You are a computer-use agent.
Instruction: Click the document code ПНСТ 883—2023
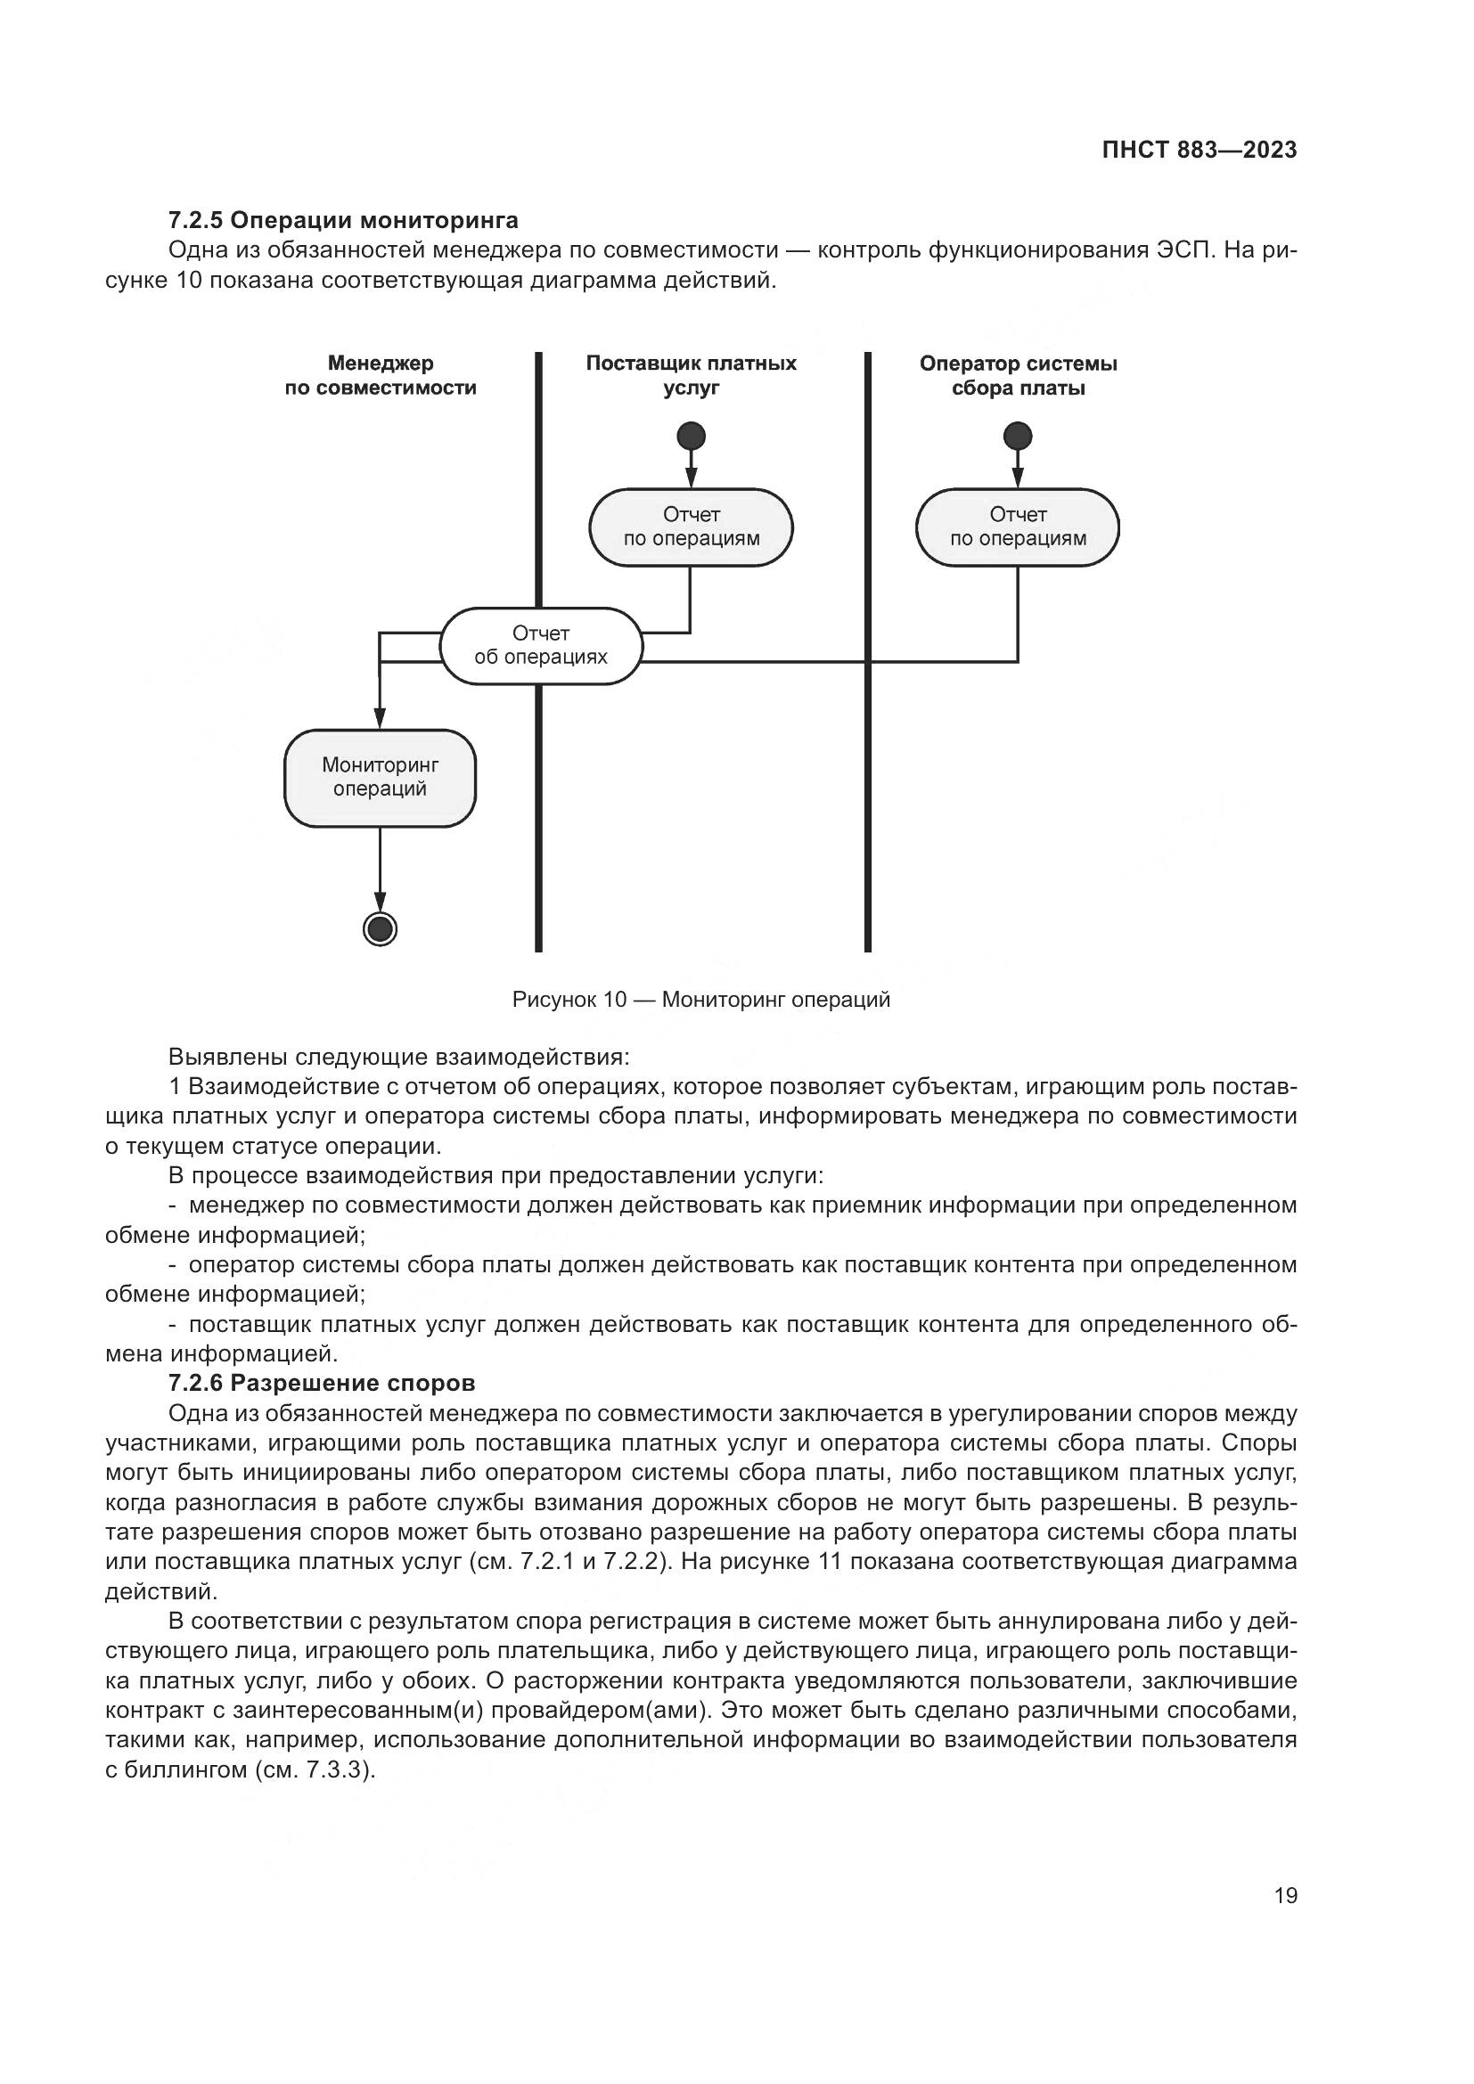pos(1199,150)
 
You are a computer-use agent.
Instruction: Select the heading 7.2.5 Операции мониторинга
pos(343,221)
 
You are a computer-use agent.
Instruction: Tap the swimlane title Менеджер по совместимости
pos(381,376)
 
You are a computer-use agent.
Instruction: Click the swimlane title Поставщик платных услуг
pos(691,376)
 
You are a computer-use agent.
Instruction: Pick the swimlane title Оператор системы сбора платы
pos(1018,376)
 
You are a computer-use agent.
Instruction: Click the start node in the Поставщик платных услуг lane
pos(691,437)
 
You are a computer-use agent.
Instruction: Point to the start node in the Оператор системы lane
pos(1018,437)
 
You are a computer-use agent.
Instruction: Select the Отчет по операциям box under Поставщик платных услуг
pos(691,527)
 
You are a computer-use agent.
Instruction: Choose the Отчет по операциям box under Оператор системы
pos(1018,527)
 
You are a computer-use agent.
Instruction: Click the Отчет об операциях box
pos(541,645)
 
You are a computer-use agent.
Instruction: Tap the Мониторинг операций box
pos(380,778)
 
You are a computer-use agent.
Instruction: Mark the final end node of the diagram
pos(380,928)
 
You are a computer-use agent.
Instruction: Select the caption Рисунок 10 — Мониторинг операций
pos(700,1001)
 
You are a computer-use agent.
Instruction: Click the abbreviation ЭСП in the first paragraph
pos(1184,250)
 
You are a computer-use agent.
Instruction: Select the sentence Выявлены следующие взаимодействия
pos(398,1058)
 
